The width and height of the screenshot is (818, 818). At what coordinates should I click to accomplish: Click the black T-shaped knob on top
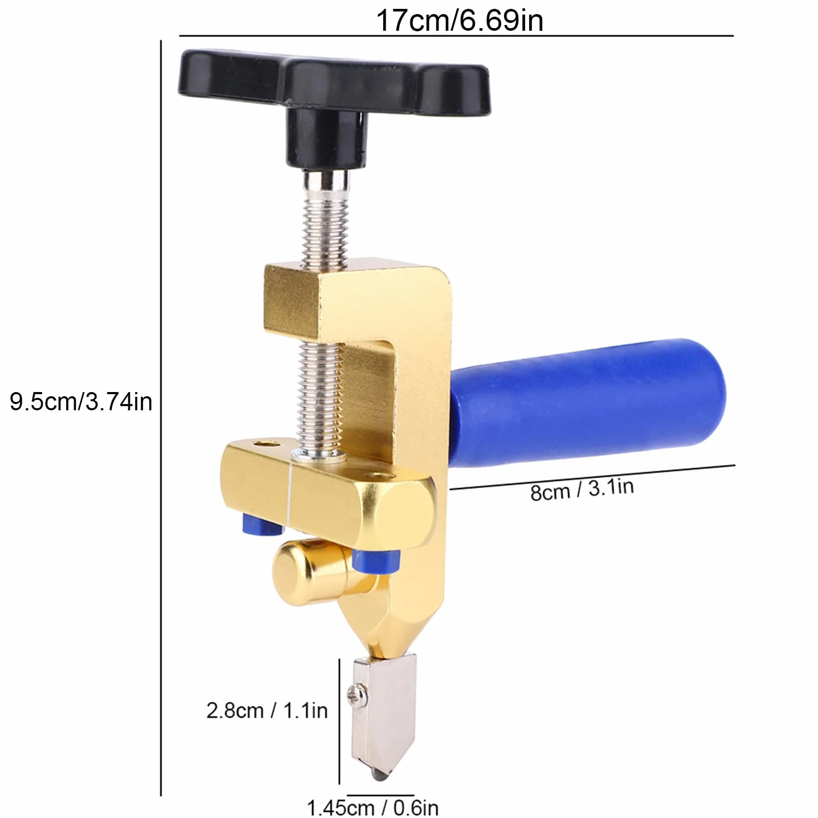[334, 89]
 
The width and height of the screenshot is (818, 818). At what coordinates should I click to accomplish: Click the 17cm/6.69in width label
[459, 20]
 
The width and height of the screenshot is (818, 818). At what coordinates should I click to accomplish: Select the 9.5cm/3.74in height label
[81, 402]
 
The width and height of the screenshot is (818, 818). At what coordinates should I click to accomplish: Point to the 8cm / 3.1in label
[582, 490]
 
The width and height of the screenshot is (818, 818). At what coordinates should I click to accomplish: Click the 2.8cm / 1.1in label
[267, 710]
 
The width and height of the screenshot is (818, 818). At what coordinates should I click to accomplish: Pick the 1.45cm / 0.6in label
[373, 808]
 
